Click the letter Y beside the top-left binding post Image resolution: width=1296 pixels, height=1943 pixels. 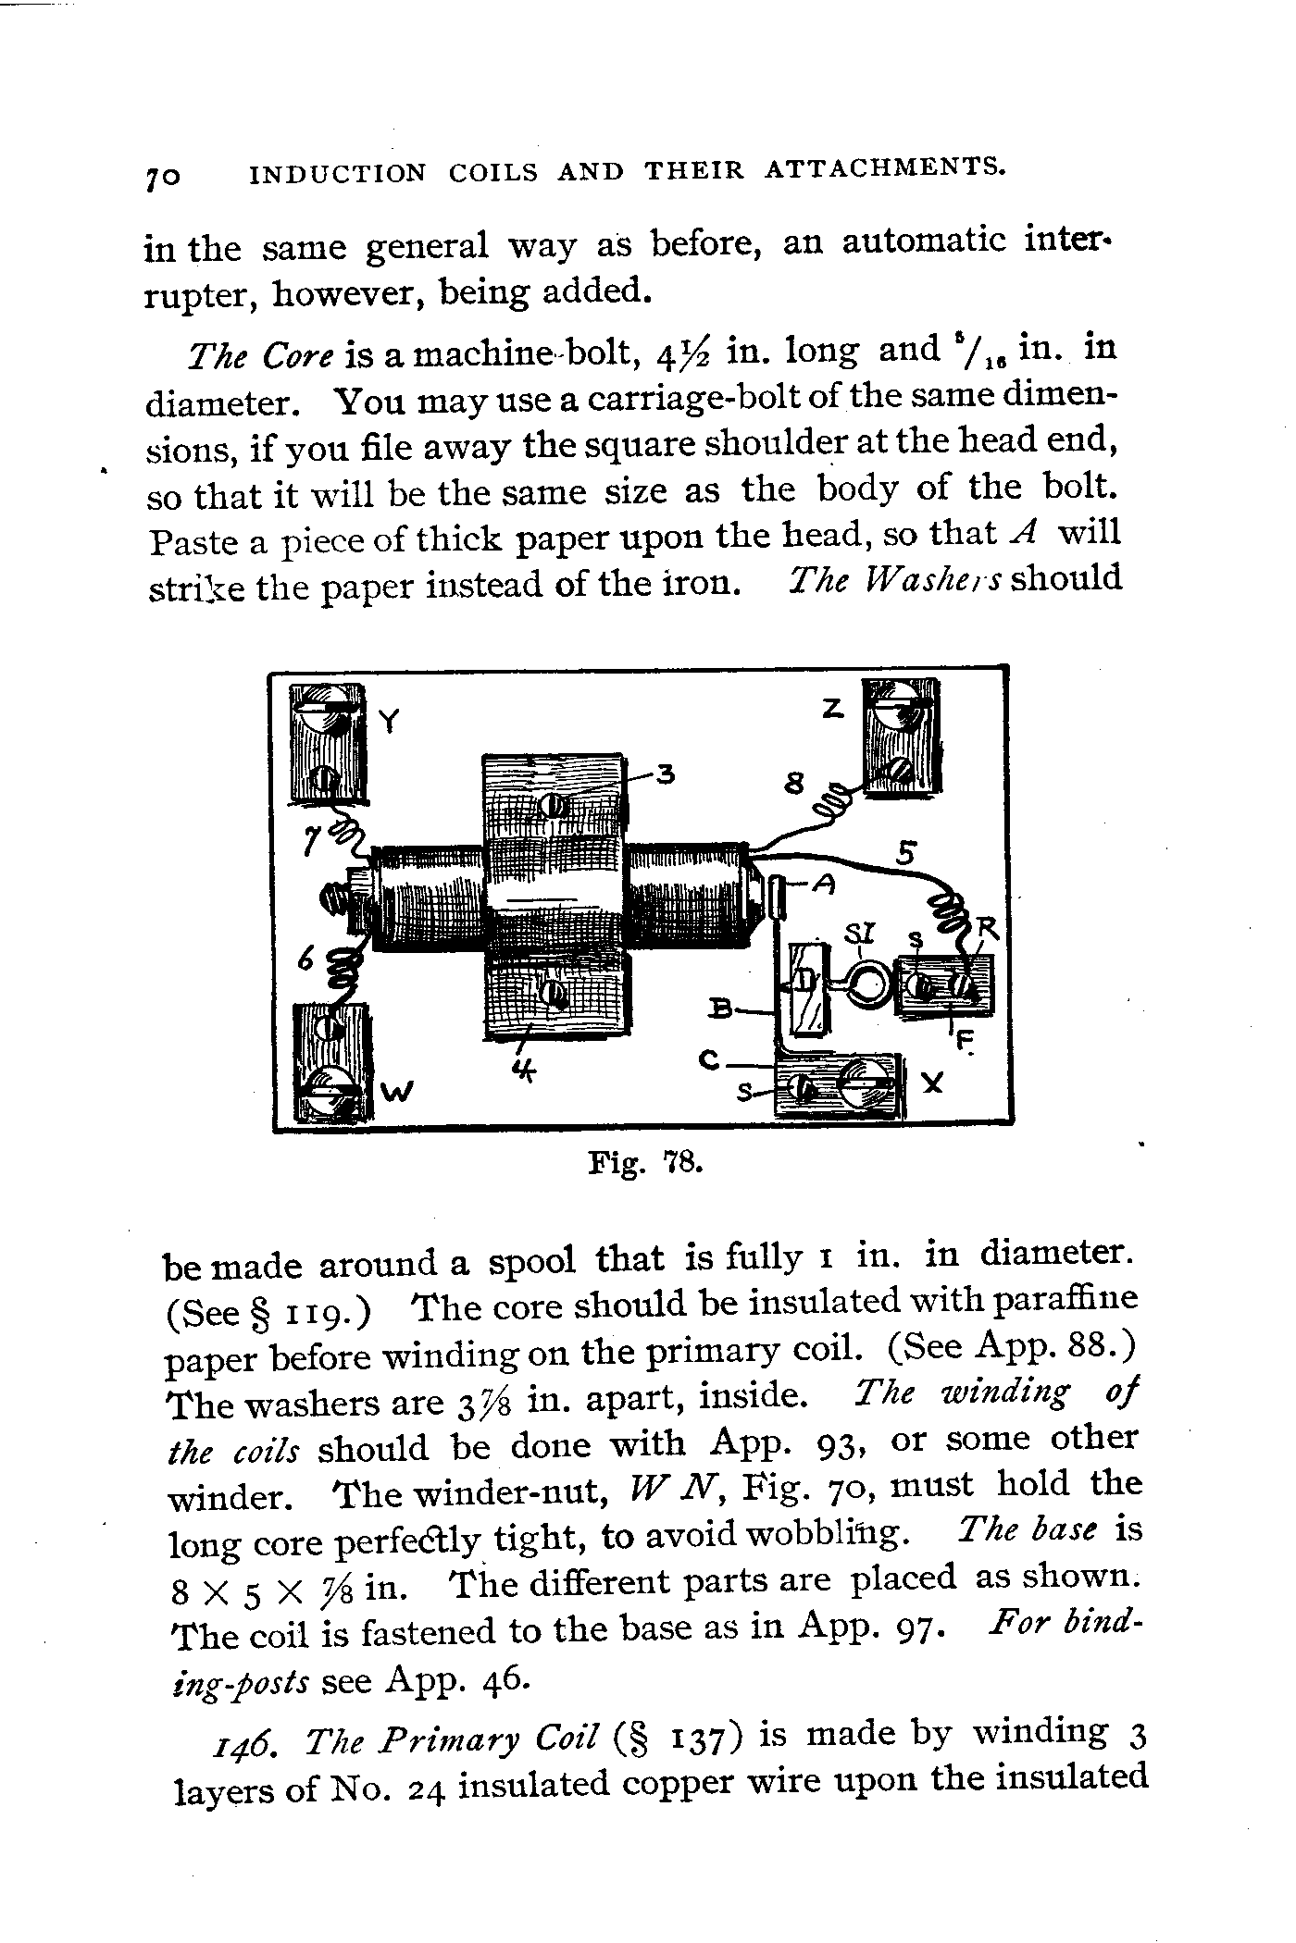tap(390, 721)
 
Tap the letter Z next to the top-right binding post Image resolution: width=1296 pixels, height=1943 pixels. tap(832, 710)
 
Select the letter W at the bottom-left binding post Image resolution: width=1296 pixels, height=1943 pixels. tap(395, 1093)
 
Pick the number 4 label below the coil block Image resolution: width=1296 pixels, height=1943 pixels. tap(525, 1071)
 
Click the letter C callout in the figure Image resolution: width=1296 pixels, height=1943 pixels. tap(710, 1064)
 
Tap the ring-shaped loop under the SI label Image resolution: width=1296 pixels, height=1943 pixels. tap(867, 984)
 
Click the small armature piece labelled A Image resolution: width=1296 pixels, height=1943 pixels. tap(777, 898)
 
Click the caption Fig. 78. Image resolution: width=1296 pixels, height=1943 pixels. tap(647, 1162)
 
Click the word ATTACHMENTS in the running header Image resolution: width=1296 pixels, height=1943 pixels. tap(886, 168)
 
